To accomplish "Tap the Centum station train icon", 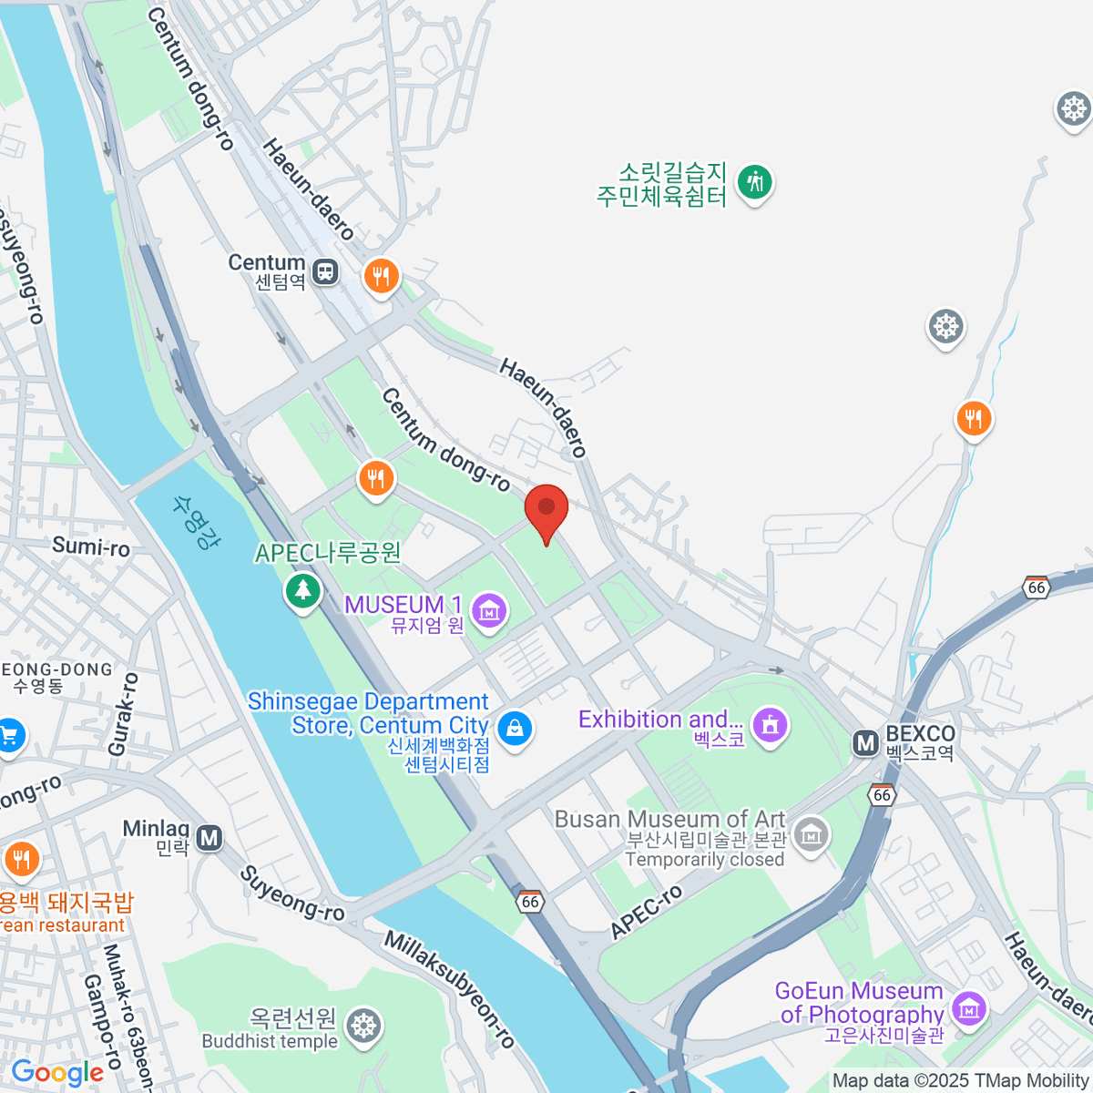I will [x=325, y=271].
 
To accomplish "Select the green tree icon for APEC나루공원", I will [x=302, y=590].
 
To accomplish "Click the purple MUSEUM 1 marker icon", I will [x=490, y=610].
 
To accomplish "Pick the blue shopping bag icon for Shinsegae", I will [x=515, y=728].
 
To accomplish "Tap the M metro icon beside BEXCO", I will [x=865, y=743].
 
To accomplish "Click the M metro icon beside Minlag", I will [x=209, y=837].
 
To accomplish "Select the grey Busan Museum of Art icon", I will [x=810, y=833].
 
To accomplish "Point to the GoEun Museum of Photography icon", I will [x=968, y=1007].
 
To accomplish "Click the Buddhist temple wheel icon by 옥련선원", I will [x=364, y=1026].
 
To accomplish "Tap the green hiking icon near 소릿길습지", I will [x=754, y=182].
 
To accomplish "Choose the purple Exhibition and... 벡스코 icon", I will [x=771, y=726].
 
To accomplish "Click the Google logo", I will [x=56, y=1072].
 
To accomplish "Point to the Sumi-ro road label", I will [x=91, y=546].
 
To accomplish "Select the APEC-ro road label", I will [x=646, y=912].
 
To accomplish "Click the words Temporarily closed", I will [x=705, y=860].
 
